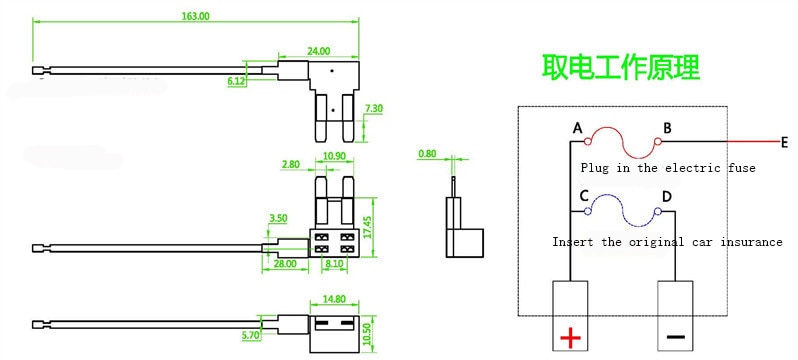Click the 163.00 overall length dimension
point(196,16)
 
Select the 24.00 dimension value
point(319,51)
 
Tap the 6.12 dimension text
point(237,81)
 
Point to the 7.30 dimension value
point(374,108)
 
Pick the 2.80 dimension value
point(292,164)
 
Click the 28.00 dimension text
point(284,264)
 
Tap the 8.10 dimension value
point(334,264)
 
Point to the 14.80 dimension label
point(334,299)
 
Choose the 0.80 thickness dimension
point(428,153)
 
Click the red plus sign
point(571,337)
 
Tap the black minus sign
point(675,337)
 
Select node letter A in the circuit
point(578,128)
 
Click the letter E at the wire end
point(784,143)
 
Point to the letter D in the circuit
point(667,197)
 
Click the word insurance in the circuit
point(751,241)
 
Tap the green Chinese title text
point(620,67)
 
